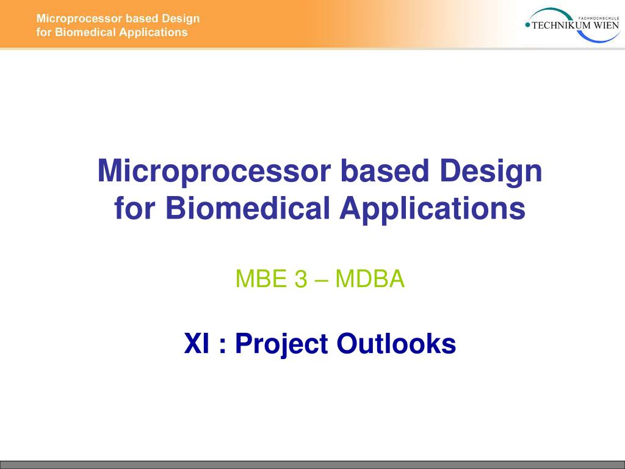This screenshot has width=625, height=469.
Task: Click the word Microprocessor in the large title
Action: click(x=214, y=172)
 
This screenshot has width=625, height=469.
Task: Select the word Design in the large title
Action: click(x=491, y=172)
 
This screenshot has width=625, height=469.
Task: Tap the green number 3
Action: click(x=301, y=278)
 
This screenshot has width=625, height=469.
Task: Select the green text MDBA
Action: click(x=370, y=278)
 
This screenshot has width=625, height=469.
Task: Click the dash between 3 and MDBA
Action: click(x=321, y=280)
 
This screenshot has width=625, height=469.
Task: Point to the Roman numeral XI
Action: click(x=196, y=343)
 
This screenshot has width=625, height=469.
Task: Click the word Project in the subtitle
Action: click(x=281, y=344)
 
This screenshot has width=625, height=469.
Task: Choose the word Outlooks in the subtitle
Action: click(x=396, y=343)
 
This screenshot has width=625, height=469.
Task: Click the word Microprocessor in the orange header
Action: click(x=79, y=19)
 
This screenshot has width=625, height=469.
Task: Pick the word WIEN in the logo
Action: click(x=607, y=26)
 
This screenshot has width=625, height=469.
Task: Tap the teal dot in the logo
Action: click(x=528, y=25)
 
